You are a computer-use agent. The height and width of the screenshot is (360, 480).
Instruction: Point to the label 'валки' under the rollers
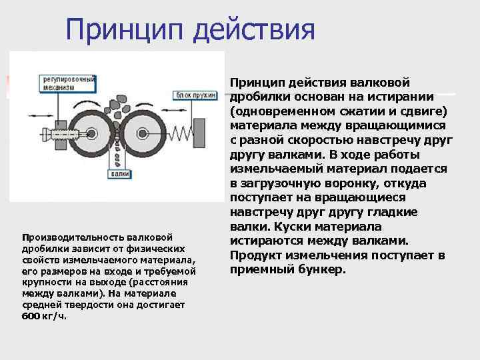tap(120, 173)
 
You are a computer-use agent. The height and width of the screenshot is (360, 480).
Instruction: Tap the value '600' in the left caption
tap(31, 316)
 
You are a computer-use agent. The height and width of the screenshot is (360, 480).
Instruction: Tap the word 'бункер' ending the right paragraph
tap(324, 270)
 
